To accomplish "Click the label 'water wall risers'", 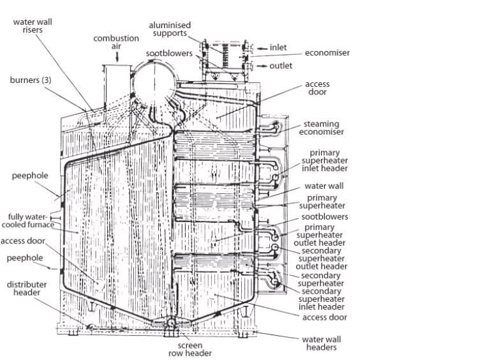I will [x=33, y=25].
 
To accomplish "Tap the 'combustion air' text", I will [x=116, y=42].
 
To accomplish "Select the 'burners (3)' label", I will [x=31, y=80].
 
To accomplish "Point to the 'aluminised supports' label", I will [x=170, y=29].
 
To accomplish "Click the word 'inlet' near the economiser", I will [x=278, y=47].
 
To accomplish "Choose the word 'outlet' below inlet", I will [x=281, y=66].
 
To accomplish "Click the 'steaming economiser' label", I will [x=324, y=128].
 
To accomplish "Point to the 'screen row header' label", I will [x=190, y=349].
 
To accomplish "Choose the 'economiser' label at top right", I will [x=327, y=53].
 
